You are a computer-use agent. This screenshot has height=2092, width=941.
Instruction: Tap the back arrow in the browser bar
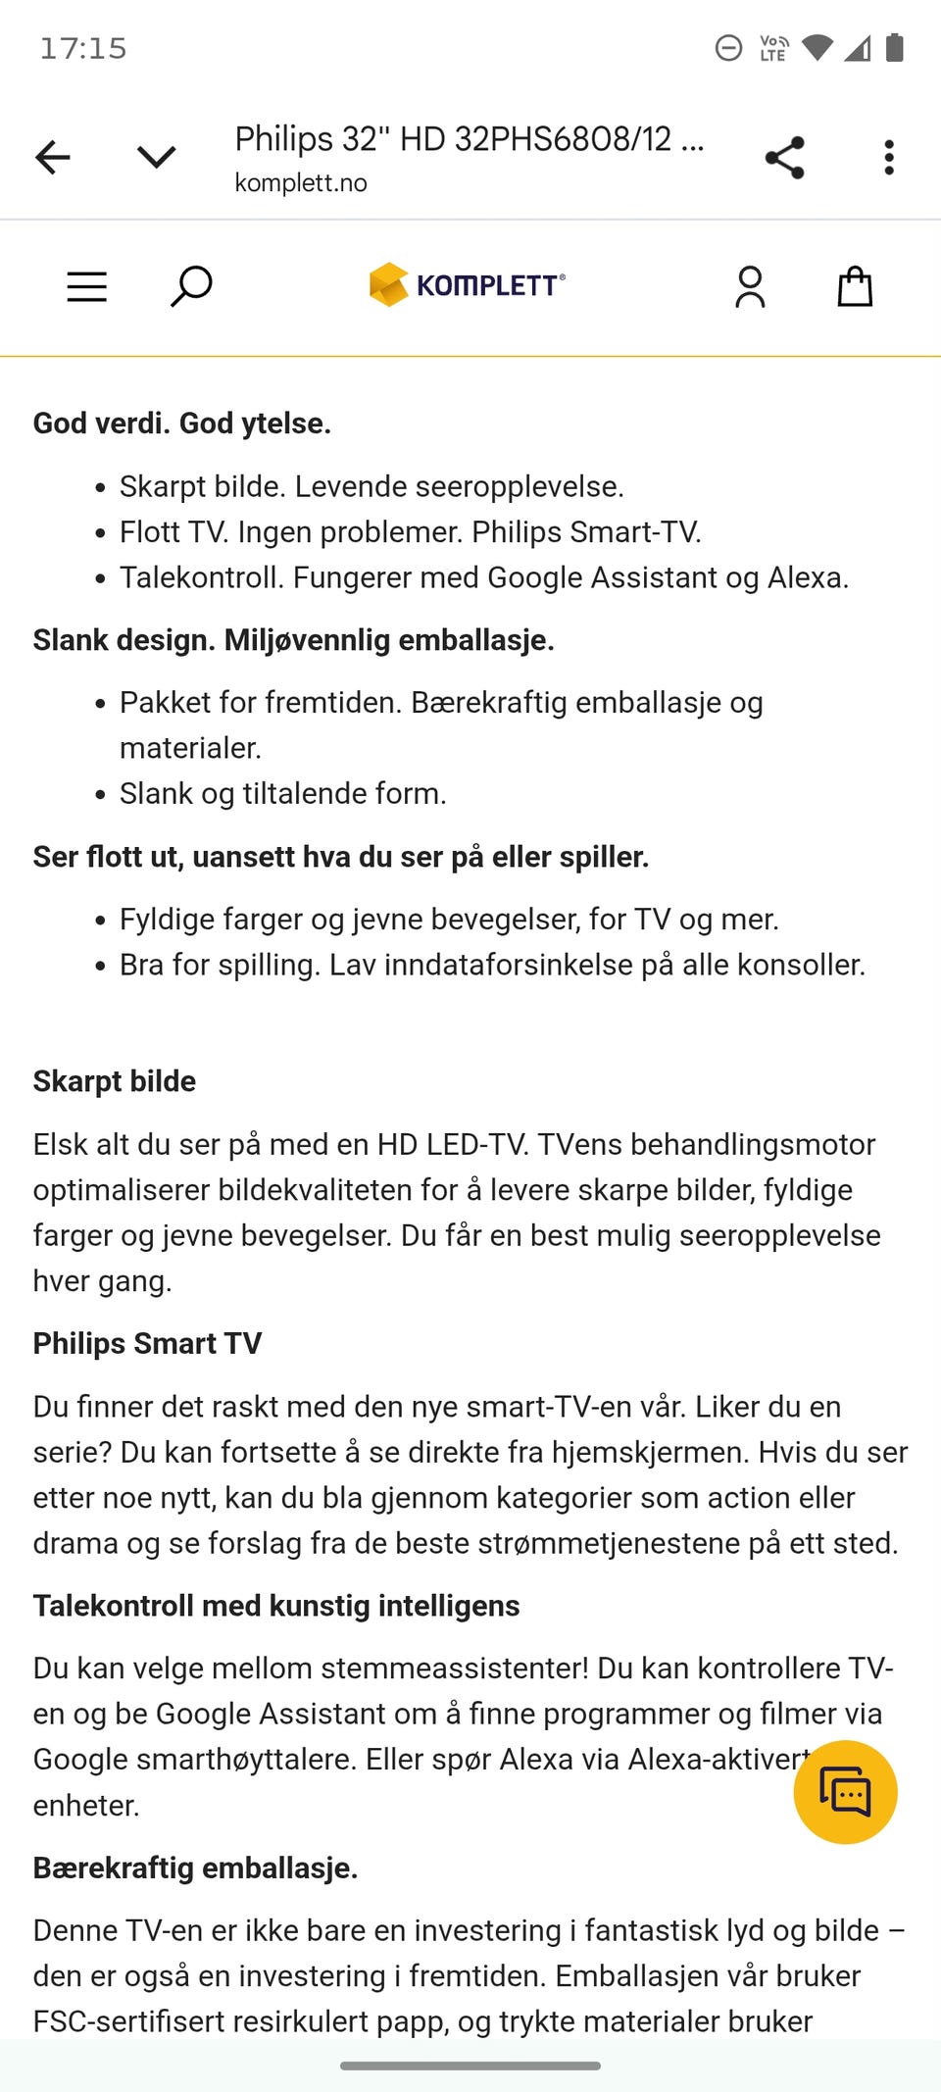pyautogui.click(x=53, y=157)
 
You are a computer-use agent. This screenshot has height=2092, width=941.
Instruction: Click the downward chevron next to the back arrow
pyautogui.click(x=156, y=157)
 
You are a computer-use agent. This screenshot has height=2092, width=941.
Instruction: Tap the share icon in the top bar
pyautogui.click(x=784, y=157)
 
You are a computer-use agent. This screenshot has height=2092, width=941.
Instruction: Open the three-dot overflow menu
pyautogui.click(x=889, y=157)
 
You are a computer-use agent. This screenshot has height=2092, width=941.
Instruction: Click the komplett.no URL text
pyautogui.click(x=301, y=183)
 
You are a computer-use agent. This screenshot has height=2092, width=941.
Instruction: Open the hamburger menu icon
pyautogui.click(x=87, y=286)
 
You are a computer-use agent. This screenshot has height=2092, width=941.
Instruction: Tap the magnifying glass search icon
pyautogui.click(x=191, y=286)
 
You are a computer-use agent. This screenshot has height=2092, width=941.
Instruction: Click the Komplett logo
pyautogui.click(x=468, y=285)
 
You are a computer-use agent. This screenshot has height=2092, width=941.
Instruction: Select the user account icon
pyautogui.click(x=750, y=286)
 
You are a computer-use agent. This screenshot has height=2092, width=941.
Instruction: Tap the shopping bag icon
pyautogui.click(x=855, y=286)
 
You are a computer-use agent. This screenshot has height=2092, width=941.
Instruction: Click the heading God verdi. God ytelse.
pyautogui.click(x=182, y=423)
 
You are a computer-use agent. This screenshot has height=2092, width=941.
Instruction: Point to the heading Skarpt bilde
pyautogui.click(x=115, y=1081)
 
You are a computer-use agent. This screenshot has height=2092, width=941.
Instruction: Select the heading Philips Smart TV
pyautogui.click(x=147, y=1343)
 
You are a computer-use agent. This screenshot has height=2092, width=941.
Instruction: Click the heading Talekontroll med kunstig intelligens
pyautogui.click(x=276, y=1606)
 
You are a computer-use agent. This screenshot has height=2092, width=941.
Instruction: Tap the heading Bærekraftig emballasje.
pyautogui.click(x=195, y=1868)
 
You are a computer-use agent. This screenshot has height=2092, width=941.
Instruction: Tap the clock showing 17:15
pyautogui.click(x=83, y=49)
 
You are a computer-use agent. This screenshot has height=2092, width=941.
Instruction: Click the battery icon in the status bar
pyautogui.click(x=894, y=47)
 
